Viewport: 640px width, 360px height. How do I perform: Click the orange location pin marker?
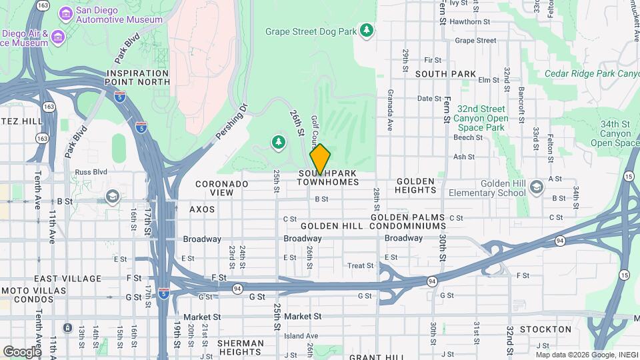[x=320, y=159]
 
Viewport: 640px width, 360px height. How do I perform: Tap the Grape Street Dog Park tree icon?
[x=366, y=30]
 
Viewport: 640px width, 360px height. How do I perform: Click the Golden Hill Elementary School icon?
[x=537, y=189]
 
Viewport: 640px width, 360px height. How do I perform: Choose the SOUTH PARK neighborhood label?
[x=445, y=74]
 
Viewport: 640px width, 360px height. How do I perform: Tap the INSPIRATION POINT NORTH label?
[x=138, y=77]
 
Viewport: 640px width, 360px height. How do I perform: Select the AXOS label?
[x=202, y=209]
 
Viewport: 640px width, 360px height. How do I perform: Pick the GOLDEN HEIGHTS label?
[x=416, y=185]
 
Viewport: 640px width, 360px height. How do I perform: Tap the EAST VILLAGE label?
[x=67, y=279]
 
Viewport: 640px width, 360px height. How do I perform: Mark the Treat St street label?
[x=361, y=265]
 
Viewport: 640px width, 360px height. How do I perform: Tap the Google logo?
[x=21, y=351]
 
